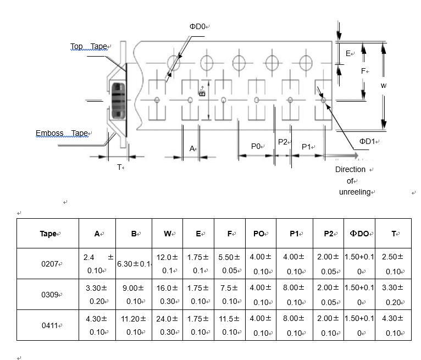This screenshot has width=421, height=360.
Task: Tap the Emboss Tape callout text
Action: [62, 134]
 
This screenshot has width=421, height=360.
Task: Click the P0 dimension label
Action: [256, 146]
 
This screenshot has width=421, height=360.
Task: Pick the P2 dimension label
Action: [283, 142]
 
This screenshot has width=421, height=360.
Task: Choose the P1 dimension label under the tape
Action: [307, 147]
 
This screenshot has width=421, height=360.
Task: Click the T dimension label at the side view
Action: [119, 167]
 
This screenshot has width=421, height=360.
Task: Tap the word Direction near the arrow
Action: [350, 169]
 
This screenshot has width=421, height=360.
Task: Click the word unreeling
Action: [354, 192]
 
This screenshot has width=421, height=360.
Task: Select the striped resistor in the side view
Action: [117, 99]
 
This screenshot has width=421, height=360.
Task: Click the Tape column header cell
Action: [48, 234]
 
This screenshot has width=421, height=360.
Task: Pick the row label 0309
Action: [48, 295]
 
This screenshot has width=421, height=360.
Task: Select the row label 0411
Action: [48, 325]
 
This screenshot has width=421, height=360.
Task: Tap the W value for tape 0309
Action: [168, 294]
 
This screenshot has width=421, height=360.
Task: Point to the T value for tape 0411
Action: [393, 325]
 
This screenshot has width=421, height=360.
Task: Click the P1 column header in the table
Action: [295, 234]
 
